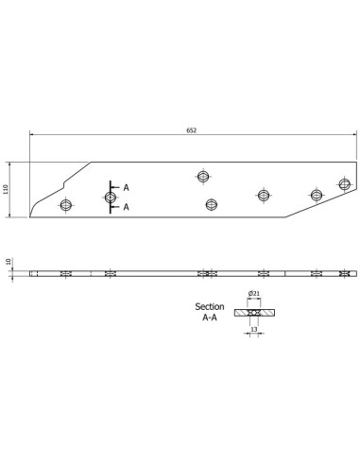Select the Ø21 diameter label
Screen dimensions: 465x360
pos(253,294)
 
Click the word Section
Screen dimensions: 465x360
pos(211,307)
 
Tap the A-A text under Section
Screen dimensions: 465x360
pos(211,319)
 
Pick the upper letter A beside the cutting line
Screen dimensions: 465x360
pos(126,187)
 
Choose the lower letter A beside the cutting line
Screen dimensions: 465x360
pos(126,206)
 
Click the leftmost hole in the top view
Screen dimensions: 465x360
pos(66,205)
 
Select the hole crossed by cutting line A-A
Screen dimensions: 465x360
pos(111,197)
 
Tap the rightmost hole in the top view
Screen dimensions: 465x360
pos(344,184)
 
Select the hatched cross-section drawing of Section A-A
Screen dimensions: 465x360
pos(253,311)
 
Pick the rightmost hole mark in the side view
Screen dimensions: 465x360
pos(343,274)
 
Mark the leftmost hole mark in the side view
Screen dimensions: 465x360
pos(66,274)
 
